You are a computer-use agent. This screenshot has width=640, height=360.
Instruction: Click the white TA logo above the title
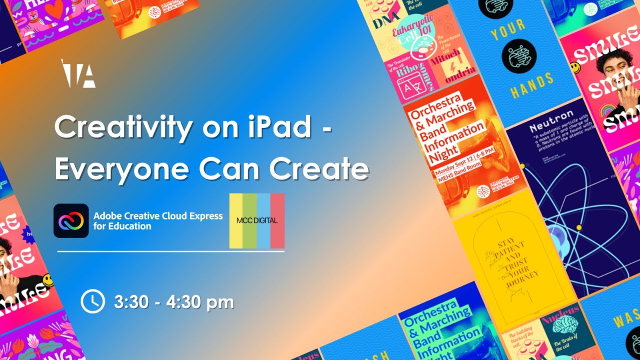coord(78,73)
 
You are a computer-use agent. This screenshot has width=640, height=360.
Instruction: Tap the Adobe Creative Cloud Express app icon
coord(71,220)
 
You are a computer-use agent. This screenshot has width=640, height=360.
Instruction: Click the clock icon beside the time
coord(92,301)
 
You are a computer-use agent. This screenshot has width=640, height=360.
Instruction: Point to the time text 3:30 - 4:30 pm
coord(174,302)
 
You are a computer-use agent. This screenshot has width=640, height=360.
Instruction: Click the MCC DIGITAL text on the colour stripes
coord(257,220)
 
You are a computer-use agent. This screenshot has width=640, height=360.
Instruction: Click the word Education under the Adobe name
coord(131,226)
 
